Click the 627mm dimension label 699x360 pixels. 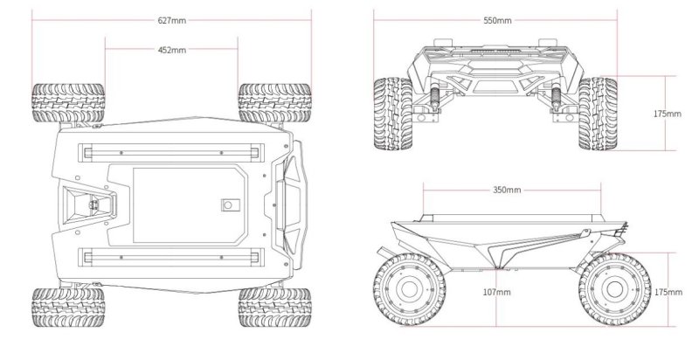(172, 19)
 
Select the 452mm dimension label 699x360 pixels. (172, 51)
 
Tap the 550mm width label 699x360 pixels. (496, 19)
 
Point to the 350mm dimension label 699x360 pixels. (507, 190)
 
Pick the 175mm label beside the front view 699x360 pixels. (668, 114)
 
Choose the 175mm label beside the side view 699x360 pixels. (668, 293)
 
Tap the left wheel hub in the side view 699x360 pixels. (405, 293)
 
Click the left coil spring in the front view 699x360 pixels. (432, 96)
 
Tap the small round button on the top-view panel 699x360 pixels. (229, 204)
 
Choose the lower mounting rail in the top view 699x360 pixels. (170, 256)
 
